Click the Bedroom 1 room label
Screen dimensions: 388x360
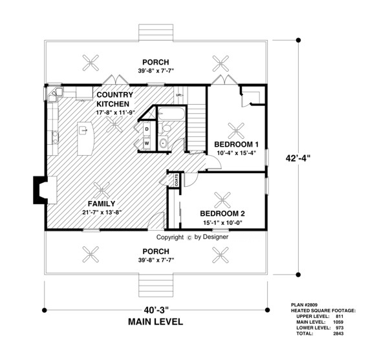pos(236,144)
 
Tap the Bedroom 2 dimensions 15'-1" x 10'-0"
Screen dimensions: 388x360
pos(222,223)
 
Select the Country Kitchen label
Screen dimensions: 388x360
pos(114,99)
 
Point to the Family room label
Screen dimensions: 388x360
pos(102,204)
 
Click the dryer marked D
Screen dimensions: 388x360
pos(147,129)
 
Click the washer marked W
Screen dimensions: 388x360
pos(147,143)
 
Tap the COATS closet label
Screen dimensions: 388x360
pos(177,180)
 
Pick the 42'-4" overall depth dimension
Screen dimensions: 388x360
pos(297,158)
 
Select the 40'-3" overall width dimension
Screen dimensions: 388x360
pos(156,310)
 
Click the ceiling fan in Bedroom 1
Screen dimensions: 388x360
pos(236,131)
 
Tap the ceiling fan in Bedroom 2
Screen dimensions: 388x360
pos(222,200)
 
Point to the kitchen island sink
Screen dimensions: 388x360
pos(83,129)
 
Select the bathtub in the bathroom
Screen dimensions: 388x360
pos(172,114)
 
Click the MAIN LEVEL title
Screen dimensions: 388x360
pos(156,322)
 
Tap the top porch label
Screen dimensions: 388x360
pos(156,62)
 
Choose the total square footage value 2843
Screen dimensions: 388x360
pos(338,334)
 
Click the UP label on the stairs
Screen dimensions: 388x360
pos(178,95)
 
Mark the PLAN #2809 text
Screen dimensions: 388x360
pos(305,305)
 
